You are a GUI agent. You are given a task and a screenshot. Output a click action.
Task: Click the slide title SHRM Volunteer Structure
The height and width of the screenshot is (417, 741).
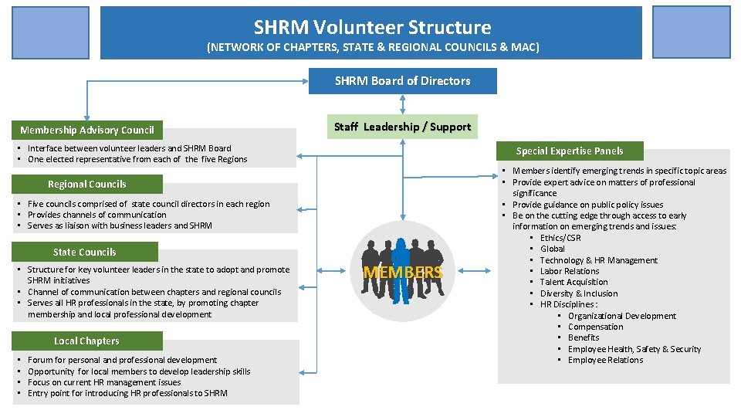click(x=372, y=28)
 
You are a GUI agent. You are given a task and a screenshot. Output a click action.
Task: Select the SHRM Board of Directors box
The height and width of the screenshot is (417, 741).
click(x=402, y=81)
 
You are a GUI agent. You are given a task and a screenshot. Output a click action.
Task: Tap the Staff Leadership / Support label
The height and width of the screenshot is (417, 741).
click(x=402, y=127)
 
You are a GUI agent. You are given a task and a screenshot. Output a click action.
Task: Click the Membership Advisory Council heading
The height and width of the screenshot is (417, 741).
click(x=87, y=131)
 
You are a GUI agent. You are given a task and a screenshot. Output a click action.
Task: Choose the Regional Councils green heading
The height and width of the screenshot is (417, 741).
click(x=86, y=185)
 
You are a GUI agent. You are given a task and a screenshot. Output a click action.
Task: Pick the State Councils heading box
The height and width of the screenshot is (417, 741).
click(x=84, y=253)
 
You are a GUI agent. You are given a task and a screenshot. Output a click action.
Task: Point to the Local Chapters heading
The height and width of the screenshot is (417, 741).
click(x=86, y=341)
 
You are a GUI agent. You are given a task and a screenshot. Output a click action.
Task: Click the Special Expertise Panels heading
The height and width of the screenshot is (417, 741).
click(x=570, y=151)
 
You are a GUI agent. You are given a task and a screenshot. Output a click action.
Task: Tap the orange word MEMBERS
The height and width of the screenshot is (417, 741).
click(x=403, y=273)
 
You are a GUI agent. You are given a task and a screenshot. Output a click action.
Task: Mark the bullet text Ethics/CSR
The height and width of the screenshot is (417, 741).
click(x=560, y=238)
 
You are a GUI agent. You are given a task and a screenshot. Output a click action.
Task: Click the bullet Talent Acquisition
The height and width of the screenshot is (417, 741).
click(x=574, y=283)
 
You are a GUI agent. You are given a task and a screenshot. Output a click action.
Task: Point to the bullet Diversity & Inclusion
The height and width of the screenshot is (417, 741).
click(x=579, y=293)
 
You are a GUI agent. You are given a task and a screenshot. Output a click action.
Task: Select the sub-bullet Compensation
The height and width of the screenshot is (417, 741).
click(x=596, y=327)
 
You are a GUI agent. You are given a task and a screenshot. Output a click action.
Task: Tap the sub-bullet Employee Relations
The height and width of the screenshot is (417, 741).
click(x=605, y=360)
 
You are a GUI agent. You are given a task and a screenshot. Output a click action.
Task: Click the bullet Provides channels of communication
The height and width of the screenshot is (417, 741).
click(x=96, y=215)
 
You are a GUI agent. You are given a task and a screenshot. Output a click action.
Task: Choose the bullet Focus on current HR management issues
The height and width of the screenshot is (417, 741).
click(x=104, y=382)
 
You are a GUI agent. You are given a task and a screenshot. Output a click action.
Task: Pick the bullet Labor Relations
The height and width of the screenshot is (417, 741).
click(x=570, y=271)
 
